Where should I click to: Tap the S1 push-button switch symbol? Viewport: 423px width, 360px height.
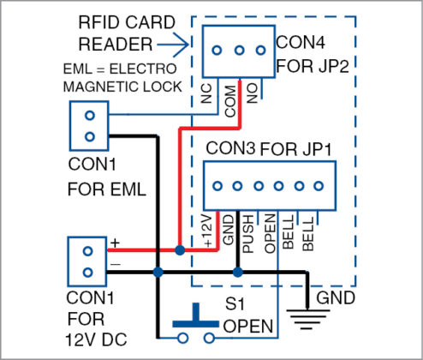(x=197, y=325)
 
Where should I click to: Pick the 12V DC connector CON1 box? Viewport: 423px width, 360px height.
(x=87, y=262)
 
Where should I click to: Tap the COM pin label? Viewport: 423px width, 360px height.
(x=229, y=97)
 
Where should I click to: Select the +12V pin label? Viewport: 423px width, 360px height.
(x=212, y=233)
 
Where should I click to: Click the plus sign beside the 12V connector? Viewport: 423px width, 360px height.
(x=113, y=243)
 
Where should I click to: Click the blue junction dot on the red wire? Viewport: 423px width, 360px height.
(x=178, y=251)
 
